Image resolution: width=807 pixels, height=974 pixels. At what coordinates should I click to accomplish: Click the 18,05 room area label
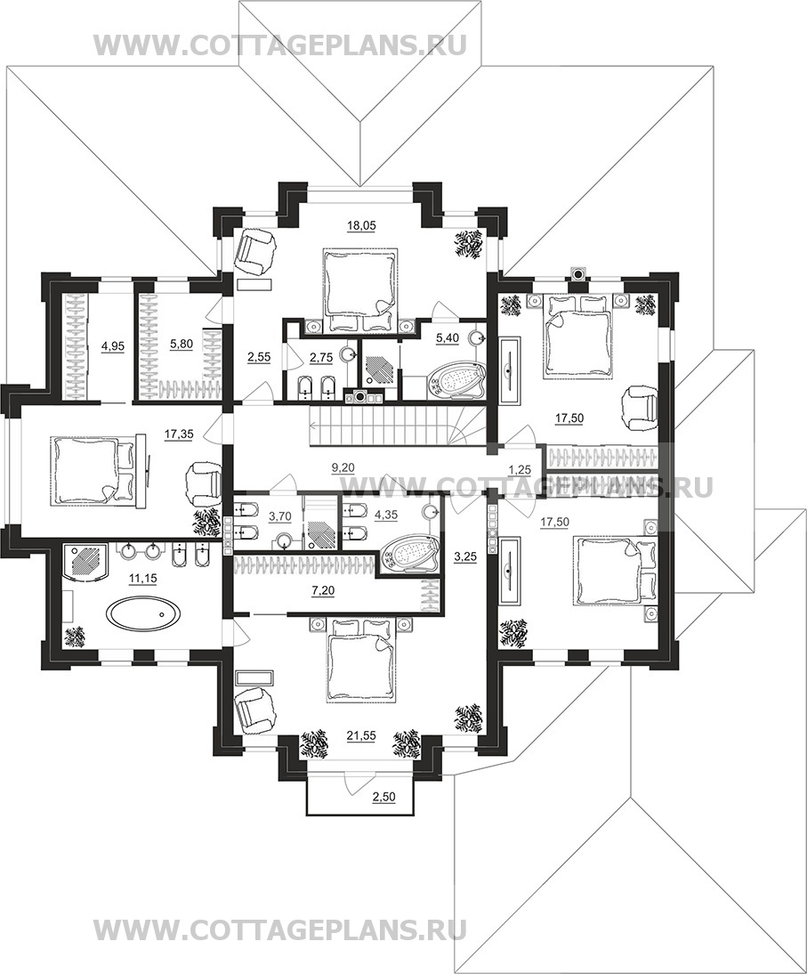click(x=357, y=225)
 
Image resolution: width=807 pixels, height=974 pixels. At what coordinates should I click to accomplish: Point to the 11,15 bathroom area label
click(x=143, y=577)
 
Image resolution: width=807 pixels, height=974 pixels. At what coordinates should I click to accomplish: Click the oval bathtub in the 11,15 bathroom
click(x=142, y=613)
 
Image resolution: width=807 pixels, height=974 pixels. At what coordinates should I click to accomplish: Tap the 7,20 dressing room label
click(x=323, y=591)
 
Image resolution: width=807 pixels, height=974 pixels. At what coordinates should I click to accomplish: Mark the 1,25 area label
click(x=520, y=470)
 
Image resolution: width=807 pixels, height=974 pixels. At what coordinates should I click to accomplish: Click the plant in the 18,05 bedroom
click(x=469, y=244)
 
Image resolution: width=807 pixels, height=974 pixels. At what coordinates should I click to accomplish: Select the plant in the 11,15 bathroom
click(x=76, y=637)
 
